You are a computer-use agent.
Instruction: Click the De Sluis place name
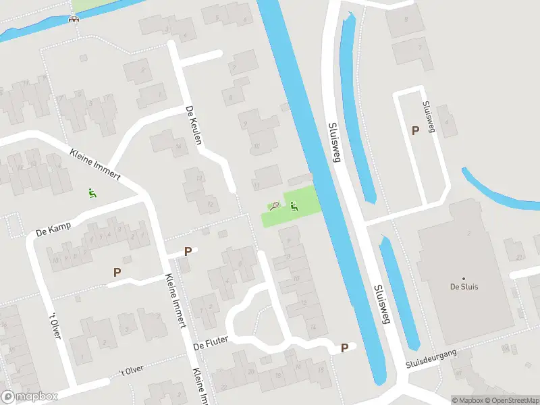click(464, 287)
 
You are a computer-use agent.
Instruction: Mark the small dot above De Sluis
click(464, 278)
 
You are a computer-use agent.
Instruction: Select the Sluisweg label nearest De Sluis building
click(381, 304)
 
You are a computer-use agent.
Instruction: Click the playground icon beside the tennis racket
click(294, 206)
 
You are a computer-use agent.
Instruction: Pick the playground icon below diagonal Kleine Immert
click(92, 194)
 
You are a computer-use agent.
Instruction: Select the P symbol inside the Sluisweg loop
click(415, 130)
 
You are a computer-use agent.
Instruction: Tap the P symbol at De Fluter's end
click(344, 348)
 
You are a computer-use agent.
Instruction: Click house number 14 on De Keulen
click(178, 146)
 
